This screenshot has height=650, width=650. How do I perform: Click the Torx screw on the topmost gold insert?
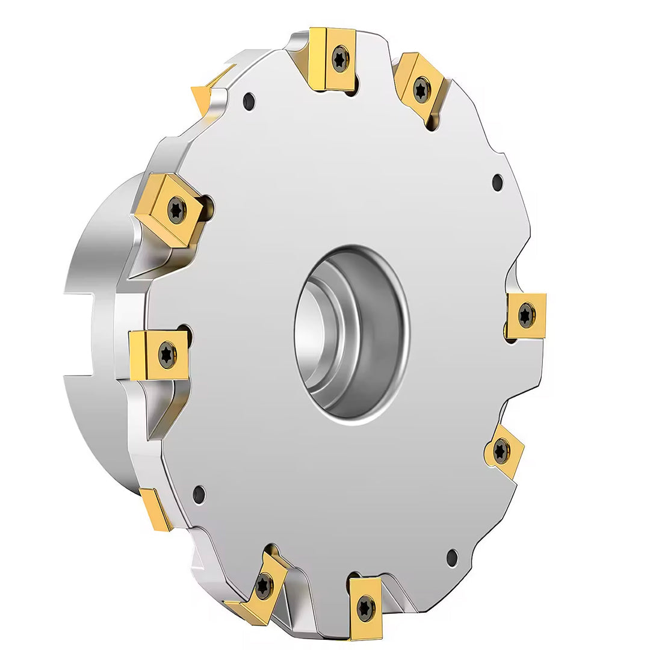(x=340, y=58)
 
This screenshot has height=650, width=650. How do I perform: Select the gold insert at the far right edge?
(x=526, y=315)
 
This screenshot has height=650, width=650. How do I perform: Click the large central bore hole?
(x=351, y=334)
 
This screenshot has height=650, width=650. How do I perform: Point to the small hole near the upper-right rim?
(x=497, y=182)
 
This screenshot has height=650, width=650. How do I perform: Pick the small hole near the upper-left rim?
(x=249, y=101)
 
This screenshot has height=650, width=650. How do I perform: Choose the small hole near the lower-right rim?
(x=452, y=557)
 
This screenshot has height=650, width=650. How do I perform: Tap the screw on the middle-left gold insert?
(x=167, y=354)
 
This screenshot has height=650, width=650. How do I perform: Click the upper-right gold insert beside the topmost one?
(x=421, y=87)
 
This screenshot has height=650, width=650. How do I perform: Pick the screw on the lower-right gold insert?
(x=501, y=450)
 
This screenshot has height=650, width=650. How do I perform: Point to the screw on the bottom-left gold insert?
(x=264, y=586)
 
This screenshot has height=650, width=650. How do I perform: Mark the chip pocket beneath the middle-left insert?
(x=162, y=409)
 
